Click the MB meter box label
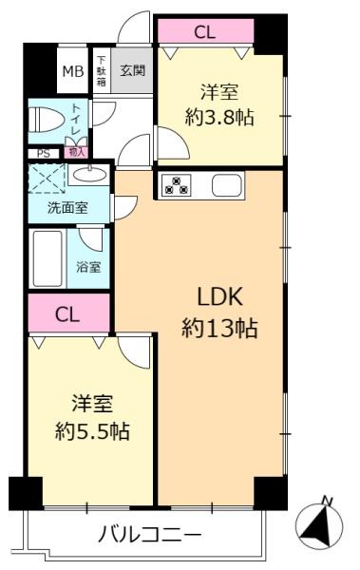pyautogui.click(x=73, y=71)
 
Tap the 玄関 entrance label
pyautogui.click(x=132, y=70)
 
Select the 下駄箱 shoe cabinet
pyautogui.click(x=101, y=71)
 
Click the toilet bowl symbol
pyautogui.click(x=47, y=120)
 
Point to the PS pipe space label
pyautogui.click(x=44, y=154)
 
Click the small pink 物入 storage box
pyautogui.click(x=76, y=152)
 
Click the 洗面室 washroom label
pyautogui.click(x=67, y=208)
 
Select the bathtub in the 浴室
pyautogui.click(x=47, y=258)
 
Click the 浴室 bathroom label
pyautogui.click(x=88, y=267)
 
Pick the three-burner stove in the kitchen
pyautogui.click(x=177, y=184)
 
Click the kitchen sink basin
pyautogui.click(x=227, y=185)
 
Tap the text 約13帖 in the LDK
pyautogui.click(x=219, y=328)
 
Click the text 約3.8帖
pyautogui.click(x=219, y=117)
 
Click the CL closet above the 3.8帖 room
pyautogui.click(x=206, y=31)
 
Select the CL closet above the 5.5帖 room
pyautogui.click(x=69, y=313)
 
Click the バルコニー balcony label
pyautogui.click(x=149, y=534)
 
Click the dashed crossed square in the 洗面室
pyautogui.click(x=47, y=179)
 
